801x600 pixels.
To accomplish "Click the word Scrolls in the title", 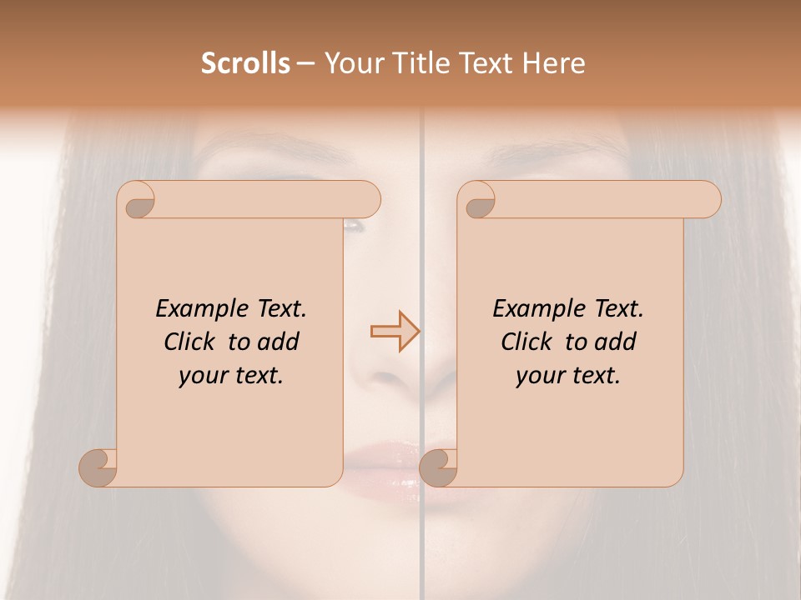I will [245, 63].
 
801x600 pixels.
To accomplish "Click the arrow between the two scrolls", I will [395, 332].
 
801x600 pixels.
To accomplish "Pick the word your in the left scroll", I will [202, 376].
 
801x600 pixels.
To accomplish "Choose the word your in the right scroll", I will [539, 376].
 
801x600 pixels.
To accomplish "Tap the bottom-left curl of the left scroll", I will [98, 467].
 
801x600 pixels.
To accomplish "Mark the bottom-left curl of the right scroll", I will [438, 467].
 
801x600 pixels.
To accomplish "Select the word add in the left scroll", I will [279, 342].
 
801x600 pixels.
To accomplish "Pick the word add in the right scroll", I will [616, 342].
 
